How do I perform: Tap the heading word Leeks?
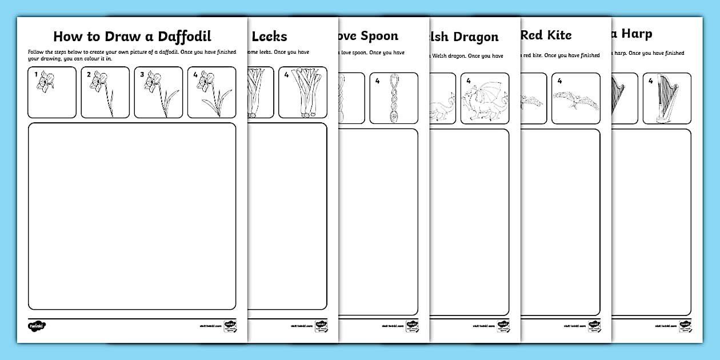269,37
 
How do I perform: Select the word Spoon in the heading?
379,36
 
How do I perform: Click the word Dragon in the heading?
475,37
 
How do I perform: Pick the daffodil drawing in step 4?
212,94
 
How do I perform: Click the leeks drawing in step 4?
303,94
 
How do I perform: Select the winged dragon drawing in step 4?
485,99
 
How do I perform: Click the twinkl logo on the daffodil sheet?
37,326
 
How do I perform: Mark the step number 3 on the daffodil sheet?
142,74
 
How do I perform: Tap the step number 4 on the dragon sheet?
468,81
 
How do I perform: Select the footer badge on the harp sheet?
685,326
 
